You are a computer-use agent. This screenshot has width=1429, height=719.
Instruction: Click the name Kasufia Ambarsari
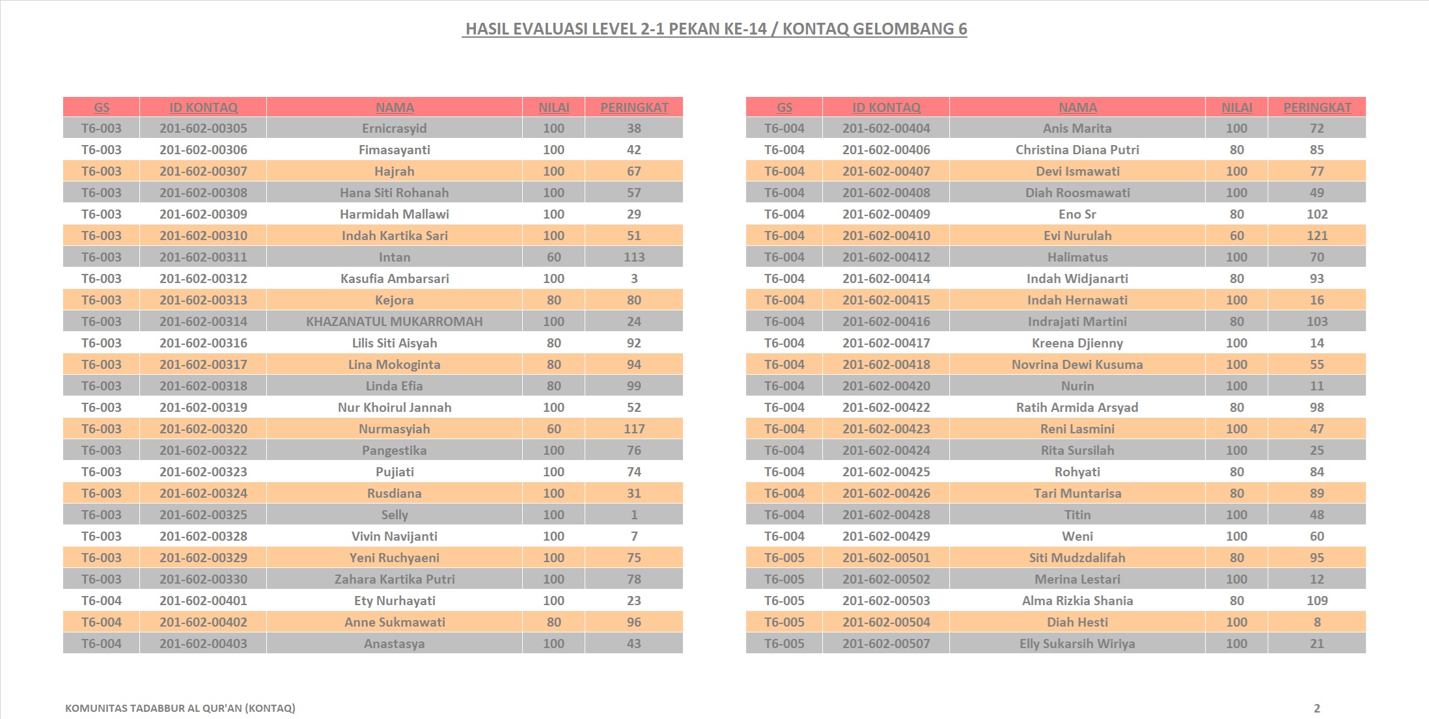[395, 278]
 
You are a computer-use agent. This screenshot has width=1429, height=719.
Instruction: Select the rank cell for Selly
[634, 515]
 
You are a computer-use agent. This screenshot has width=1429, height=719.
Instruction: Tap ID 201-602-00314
[203, 321]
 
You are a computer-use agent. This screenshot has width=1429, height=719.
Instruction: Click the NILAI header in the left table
[553, 107]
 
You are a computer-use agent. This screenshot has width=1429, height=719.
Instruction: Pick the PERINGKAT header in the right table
[1317, 107]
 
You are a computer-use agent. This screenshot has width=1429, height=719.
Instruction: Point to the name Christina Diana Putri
[1077, 150]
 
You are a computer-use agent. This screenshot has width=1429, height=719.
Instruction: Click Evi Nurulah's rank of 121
[1316, 236]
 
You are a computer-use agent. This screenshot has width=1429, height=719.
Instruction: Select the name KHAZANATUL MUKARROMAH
[395, 321]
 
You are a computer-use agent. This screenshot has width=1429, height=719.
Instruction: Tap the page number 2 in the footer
[1316, 708]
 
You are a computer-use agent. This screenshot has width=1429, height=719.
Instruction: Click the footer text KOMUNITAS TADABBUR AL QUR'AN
[180, 708]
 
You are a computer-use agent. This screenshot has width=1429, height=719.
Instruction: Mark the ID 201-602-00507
[886, 644]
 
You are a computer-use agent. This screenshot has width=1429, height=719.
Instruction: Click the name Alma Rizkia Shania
[1077, 601]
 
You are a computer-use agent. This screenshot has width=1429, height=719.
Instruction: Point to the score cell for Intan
[553, 257]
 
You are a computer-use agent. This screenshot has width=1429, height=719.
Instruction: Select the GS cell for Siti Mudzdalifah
[784, 558]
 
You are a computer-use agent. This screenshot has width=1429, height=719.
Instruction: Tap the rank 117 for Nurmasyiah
[634, 429]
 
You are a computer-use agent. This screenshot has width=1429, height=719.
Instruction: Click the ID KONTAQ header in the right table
[886, 107]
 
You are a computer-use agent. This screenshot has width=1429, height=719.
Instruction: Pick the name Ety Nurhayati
[395, 601]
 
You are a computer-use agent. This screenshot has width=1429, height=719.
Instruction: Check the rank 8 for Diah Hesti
[1316, 622]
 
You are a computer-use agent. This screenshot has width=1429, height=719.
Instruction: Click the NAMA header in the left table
[395, 107]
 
